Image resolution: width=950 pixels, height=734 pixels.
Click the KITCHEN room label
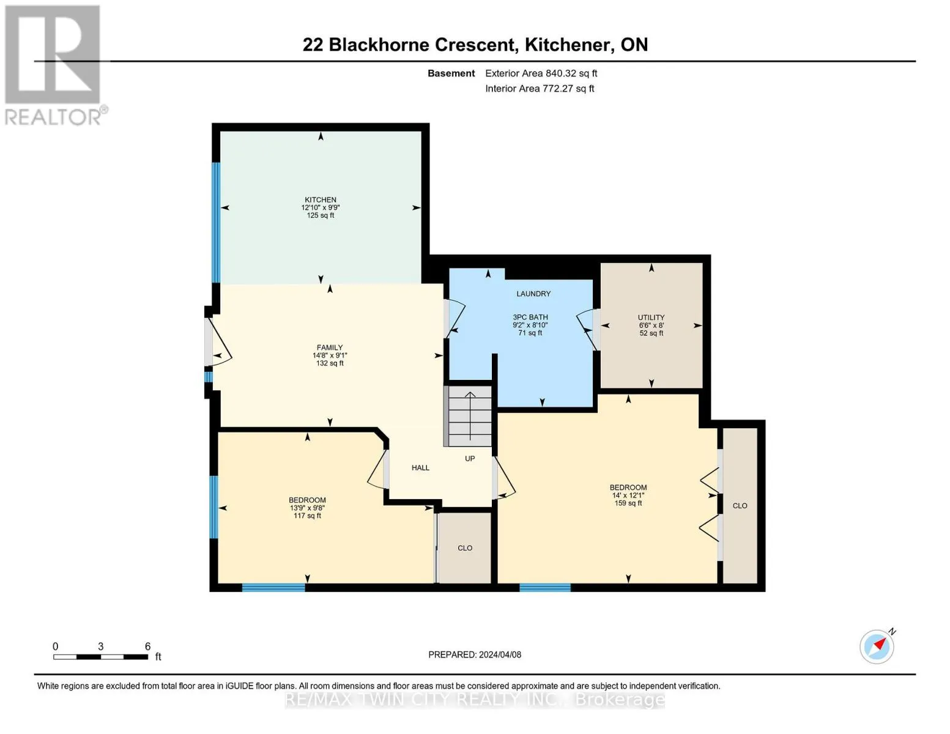[321, 200]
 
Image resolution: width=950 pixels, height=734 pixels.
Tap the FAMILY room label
[330, 347]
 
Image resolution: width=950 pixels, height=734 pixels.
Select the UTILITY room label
[651, 317]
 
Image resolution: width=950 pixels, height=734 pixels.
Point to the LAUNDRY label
[533, 294]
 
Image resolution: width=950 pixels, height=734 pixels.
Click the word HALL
[421, 468]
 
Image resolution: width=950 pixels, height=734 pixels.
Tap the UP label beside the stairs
[470, 459]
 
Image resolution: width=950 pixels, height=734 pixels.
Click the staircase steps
[468, 416]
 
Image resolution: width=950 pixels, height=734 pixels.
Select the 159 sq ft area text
[628, 503]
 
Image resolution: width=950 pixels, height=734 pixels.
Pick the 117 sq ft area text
[307, 516]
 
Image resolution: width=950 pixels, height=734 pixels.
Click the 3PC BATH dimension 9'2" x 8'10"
[530, 325]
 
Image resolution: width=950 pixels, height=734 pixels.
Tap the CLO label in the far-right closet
[740, 506]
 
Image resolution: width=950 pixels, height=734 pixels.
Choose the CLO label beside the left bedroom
[465, 548]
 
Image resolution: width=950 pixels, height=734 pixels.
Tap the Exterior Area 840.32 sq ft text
[541, 73]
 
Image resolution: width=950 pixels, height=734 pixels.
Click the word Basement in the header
[451, 73]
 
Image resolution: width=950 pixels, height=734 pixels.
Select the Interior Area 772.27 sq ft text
[540, 89]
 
